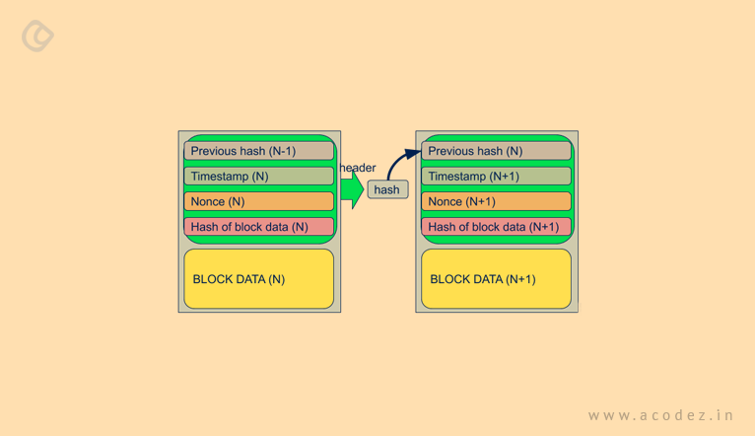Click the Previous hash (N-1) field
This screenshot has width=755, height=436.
pyautogui.click(x=258, y=151)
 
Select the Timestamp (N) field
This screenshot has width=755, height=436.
pyautogui.click(x=258, y=177)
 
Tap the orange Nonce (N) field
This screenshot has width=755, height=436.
pyautogui.click(x=258, y=201)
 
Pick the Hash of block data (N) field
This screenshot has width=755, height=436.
pyautogui.click(x=258, y=227)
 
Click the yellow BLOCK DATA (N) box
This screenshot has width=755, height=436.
pyautogui.click(x=258, y=279)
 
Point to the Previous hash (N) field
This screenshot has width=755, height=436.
pyautogui.click(x=496, y=151)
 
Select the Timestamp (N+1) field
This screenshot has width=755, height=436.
pyautogui.click(x=496, y=177)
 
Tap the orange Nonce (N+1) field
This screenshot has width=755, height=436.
pyautogui.click(x=496, y=201)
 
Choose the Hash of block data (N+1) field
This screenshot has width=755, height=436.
pyautogui.click(x=496, y=227)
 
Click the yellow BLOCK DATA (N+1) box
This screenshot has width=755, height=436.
pyautogui.click(x=496, y=279)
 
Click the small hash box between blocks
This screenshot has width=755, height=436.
pyautogui.click(x=387, y=189)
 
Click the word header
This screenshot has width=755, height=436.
pyautogui.click(x=358, y=168)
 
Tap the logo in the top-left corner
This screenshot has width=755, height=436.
pyautogui.click(x=37, y=36)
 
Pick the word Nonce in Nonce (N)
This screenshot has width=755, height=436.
pyautogui.click(x=208, y=201)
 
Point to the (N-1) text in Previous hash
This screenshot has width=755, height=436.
pyautogui.click(x=282, y=151)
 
